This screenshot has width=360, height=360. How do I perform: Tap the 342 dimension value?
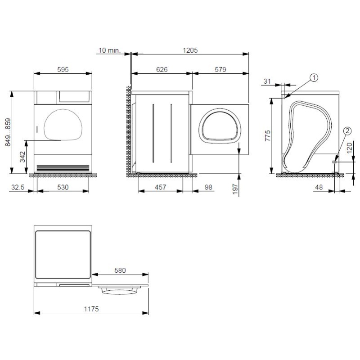23,156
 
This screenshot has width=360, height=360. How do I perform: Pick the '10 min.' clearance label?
108,50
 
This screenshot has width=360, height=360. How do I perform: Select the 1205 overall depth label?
190,50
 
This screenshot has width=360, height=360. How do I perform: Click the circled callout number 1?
314,78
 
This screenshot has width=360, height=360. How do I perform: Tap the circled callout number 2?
347,131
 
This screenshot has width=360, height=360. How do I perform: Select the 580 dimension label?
120,270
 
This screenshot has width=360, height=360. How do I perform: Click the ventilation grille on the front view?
63,167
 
